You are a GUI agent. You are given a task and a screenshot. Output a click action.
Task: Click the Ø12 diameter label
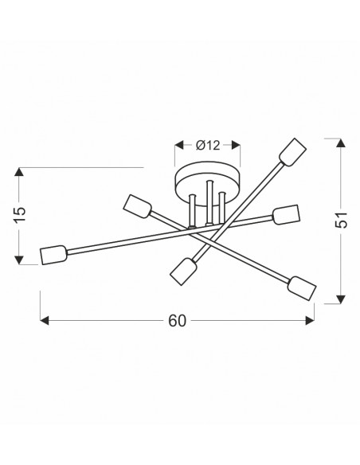pyautogui.click(x=208, y=145)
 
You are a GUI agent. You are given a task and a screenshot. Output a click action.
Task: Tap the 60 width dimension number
pyautogui.click(x=178, y=321)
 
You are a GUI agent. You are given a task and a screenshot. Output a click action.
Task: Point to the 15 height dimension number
pyautogui.click(x=20, y=214)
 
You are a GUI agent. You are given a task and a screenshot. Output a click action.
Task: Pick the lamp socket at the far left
pyautogui.click(x=53, y=255)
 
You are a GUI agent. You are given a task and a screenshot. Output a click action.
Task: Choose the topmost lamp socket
pyautogui.click(x=293, y=152)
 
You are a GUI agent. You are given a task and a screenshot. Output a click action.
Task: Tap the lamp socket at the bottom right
pyautogui.click(x=302, y=288)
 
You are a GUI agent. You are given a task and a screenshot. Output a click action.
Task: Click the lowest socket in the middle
pyautogui.click(x=183, y=272)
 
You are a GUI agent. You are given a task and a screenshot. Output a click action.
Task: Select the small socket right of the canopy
pyautogui.click(x=286, y=214)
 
